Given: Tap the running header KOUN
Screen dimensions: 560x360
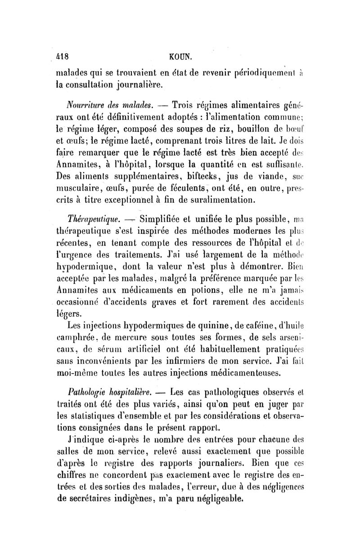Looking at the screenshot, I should [180, 57].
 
